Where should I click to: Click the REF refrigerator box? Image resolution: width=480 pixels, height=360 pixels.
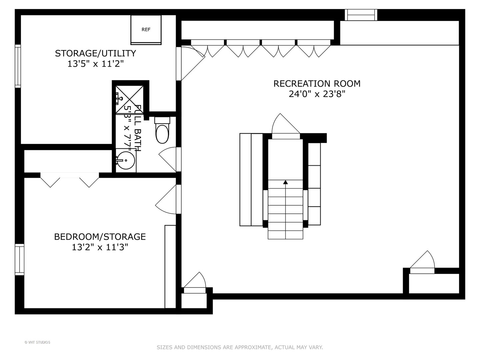point(146,30)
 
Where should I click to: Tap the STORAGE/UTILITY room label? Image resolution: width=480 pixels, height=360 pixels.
point(95,53)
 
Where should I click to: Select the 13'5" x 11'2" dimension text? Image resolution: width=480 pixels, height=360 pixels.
point(95,64)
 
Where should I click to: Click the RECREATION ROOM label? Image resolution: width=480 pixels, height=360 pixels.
point(317,84)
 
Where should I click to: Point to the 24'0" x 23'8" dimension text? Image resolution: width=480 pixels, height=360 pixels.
point(317,94)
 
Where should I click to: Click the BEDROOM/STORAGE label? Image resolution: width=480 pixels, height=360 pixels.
point(100,237)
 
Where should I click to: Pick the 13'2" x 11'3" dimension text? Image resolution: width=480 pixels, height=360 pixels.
point(100,247)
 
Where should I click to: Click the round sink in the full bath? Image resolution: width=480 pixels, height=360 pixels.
point(126,160)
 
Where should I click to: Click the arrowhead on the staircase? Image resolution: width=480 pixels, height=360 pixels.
point(285,182)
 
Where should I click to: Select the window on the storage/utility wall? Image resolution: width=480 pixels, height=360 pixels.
point(18,66)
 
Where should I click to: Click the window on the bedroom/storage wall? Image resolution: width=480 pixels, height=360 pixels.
point(19,259)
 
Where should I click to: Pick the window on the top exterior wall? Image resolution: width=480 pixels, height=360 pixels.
point(361,15)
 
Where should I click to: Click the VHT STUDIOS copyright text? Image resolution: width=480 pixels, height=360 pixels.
point(37,342)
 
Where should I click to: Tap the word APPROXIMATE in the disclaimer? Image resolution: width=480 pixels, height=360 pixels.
point(253,347)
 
